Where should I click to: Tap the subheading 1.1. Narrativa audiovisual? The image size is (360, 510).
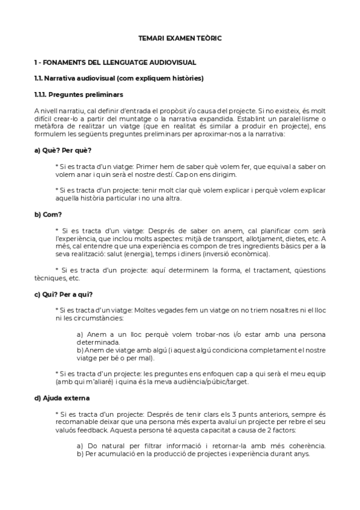tap(119, 78)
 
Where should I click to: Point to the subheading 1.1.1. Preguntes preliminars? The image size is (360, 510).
tap(79, 94)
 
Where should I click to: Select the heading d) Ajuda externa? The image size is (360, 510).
tap(63, 398)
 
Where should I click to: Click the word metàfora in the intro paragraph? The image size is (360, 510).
tap(50, 127)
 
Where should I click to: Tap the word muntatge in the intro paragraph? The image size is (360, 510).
tap(163, 119)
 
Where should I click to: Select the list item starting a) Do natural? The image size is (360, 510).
tap(201, 446)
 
